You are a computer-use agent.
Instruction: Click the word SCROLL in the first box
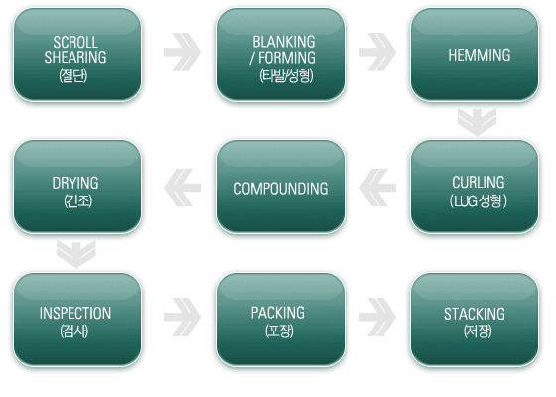[x=75, y=42]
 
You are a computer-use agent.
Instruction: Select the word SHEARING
[x=75, y=57]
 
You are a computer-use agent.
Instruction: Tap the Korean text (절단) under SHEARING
[x=73, y=75]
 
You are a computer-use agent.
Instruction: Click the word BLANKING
[x=284, y=42]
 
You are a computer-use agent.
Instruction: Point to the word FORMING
[x=287, y=58]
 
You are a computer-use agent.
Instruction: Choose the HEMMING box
[x=475, y=55]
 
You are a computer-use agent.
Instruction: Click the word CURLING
[x=478, y=182]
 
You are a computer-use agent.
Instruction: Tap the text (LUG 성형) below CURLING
[x=478, y=200]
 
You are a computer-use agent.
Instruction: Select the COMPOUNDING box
[x=281, y=187]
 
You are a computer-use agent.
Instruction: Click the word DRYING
[x=75, y=183]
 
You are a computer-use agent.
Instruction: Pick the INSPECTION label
[x=75, y=313]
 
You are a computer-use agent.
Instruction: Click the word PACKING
[x=278, y=313]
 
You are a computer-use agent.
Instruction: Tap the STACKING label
[x=475, y=314]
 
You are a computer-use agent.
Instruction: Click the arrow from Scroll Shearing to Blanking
[x=183, y=52]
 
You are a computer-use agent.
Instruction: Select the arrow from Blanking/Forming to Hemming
[x=377, y=52]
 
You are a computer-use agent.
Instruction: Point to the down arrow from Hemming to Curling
[x=477, y=122]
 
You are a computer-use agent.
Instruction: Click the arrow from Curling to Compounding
[x=377, y=188]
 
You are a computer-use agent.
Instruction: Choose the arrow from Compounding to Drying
[x=183, y=188]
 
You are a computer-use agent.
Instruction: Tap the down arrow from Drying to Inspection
[x=76, y=254]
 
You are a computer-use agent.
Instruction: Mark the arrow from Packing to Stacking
[x=377, y=317]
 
